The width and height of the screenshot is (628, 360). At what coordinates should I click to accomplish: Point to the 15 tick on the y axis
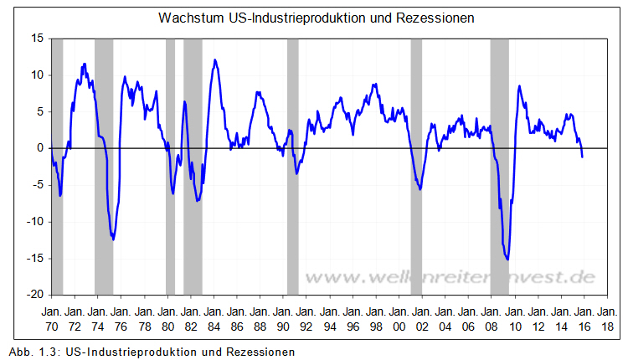click(x=37, y=39)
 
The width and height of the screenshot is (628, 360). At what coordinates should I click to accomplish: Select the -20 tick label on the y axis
click(x=34, y=296)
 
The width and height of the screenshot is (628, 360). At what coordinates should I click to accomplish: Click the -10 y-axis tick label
click(x=34, y=222)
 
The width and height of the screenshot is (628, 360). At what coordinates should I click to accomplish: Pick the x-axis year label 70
click(x=51, y=327)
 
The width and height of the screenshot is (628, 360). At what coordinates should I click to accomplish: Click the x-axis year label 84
click(x=214, y=327)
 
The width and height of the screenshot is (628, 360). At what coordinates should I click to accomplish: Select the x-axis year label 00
click(x=399, y=327)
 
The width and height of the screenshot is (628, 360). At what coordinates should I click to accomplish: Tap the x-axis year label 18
click(x=607, y=327)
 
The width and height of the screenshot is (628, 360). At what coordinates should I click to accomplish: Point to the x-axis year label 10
click(x=515, y=327)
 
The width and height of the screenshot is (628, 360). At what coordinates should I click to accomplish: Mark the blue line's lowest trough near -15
click(x=507, y=260)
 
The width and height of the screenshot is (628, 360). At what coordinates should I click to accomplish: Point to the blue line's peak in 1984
click(x=215, y=60)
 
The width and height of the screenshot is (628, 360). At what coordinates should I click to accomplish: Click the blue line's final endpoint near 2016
click(x=583, y=157)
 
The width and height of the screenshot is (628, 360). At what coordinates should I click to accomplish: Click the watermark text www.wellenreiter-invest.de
click(x=450, y=277)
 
